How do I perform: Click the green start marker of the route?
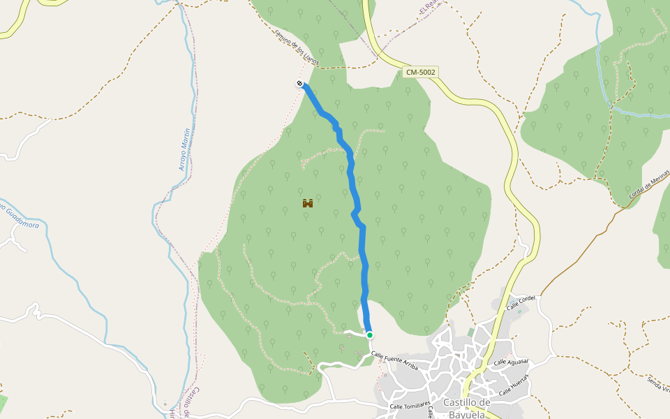click(x=369, y=335)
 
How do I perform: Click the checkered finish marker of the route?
click(x=299, y=84)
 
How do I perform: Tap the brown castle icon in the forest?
click(x=307, y=203)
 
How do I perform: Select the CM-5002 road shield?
click(x=420, y=72)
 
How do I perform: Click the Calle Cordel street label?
click(x=521, y=302)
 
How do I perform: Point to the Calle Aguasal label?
click(x=511, y=362)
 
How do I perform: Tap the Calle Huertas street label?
click(x=514, y=383)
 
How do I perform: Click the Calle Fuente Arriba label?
click(x=395, y=362)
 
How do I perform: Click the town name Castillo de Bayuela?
click(x=468, y=408)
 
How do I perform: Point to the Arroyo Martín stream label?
click(x=184, y=149)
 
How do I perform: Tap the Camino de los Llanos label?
click(x=297, y=48)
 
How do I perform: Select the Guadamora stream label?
click(x=21, y=216)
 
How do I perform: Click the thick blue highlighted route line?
click(x=362, y=251)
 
